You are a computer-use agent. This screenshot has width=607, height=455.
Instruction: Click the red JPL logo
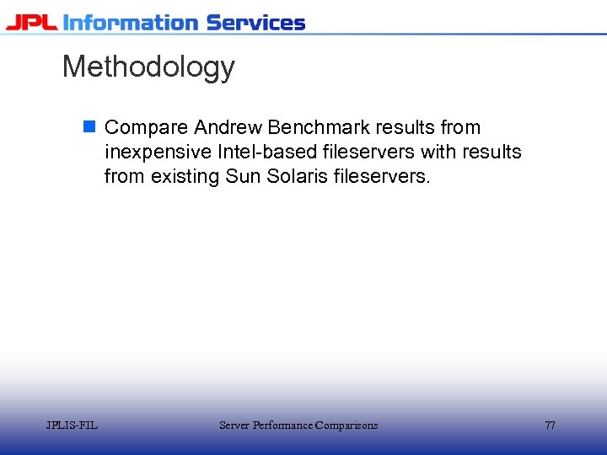coord(31,22)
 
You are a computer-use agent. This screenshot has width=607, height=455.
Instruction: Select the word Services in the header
coord(255,22)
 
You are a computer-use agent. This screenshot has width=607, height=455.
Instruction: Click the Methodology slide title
coord(148,67)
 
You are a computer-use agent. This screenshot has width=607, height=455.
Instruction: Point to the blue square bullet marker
coord(89,127)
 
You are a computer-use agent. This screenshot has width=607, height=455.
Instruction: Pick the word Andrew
coord(228,128)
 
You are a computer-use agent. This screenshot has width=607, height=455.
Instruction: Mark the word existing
coord(185,177)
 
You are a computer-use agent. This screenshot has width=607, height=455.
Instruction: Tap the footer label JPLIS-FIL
coord(72,426)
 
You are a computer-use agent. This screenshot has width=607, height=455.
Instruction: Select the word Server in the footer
coord(234,426)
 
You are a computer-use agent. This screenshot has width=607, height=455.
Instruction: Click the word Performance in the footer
coord(282,426)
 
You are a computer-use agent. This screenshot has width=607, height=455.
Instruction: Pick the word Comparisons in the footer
coord(346,426)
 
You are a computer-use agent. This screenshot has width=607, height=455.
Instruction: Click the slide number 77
coord(550,426)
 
